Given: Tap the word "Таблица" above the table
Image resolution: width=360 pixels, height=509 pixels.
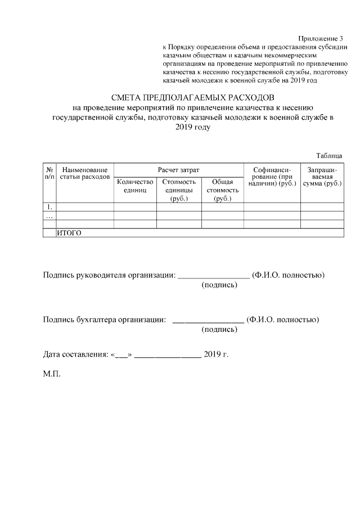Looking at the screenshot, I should pyautogui.click(x=329, y=155).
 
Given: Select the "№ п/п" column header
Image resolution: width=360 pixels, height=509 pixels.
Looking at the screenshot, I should pyautogui.click(x=49, y=173).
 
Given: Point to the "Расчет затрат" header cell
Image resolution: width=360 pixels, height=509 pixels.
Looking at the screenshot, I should pyautogui.click(x=178, y=169).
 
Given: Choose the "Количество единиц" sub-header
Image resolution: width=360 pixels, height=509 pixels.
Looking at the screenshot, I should pyautogui.click(x=135, y=186).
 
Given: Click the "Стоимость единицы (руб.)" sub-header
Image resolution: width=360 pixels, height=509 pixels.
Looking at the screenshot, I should pyautogui.click(x=179, y=190).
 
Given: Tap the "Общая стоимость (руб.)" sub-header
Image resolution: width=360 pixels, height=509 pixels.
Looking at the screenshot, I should pyautogui.click(x=222, y=190).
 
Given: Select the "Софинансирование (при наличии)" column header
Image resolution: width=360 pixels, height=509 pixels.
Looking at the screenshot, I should pyautogui.click(x=272, y=176).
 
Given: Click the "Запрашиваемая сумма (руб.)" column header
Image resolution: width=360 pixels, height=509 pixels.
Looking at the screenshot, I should pyautogui.click(x=322, y=176).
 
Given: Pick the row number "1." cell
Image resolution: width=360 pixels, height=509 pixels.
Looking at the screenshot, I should pyautogui.click(x=49, y=207).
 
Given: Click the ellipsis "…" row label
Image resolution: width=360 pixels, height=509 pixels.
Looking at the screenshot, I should pyautogui.click(x=49, y=215).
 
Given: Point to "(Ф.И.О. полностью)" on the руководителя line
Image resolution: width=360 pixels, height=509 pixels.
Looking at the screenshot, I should pyautogui.click(x=289, y=275).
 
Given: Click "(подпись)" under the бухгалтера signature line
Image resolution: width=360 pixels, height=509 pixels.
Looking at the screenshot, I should pyautogui.click(x=219, y=330).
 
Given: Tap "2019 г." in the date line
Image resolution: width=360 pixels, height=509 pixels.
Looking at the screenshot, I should pyautogui.click(x=216, y=354).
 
